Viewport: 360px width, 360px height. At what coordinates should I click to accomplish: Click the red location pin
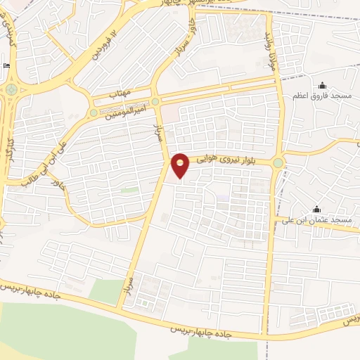click(x=181, y=165)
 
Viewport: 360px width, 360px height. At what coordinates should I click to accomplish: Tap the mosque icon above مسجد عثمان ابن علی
click(x=316, y=209)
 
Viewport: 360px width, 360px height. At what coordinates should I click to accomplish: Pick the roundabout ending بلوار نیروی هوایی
click(x=278, y=164)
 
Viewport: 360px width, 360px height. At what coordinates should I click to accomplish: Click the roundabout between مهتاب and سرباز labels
click(x=155, y=101)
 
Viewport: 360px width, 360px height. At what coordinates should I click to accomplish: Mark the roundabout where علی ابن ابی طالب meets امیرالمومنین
click(x=94, y=112)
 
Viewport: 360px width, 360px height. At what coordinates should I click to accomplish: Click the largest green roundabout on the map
click(x=11, y=90)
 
